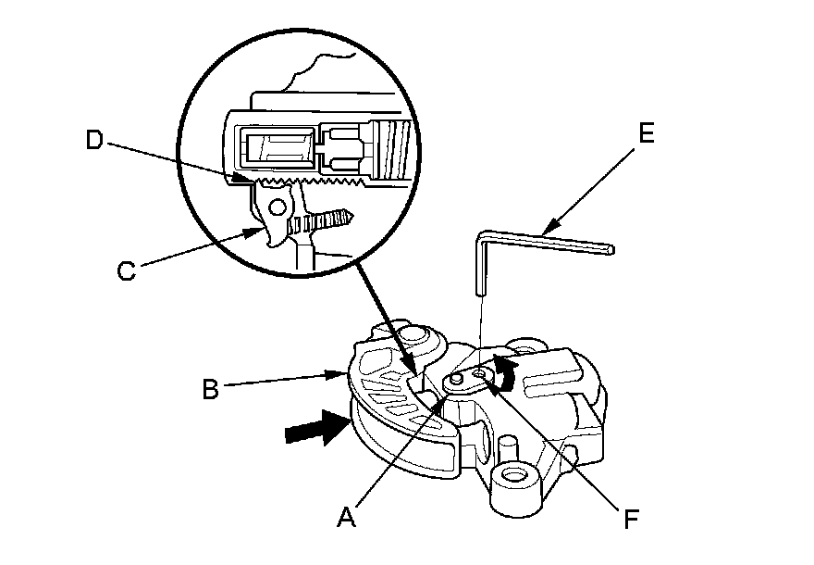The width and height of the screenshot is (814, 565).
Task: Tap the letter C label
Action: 129,270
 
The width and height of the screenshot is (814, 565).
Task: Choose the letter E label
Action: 646,133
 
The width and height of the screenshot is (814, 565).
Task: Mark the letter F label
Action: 631,519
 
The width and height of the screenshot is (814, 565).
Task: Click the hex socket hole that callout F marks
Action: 478,375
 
